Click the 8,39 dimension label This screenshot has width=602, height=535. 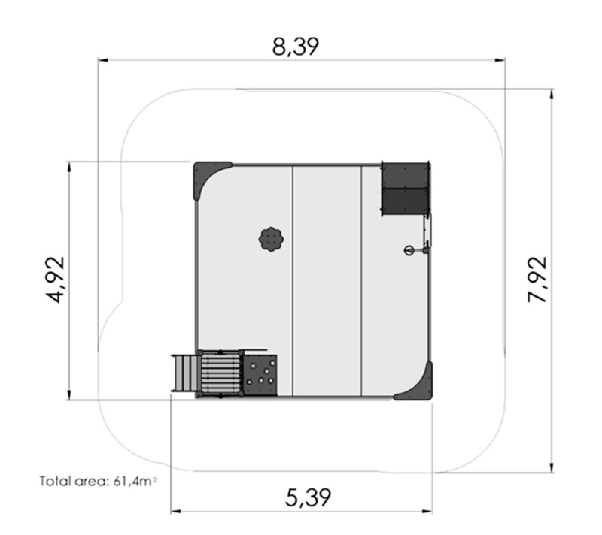click(295, 47)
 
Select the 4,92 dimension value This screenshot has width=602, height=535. click(55, 280)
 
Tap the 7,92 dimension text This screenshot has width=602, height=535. click(537, 279)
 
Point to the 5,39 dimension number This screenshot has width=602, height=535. click(308, 498)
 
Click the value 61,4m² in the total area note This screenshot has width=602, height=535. click(135, 481)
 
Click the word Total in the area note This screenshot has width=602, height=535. click(52, 481)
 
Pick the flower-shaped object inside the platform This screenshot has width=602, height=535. click(272, 240)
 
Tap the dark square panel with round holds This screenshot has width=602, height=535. click(260, 375)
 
